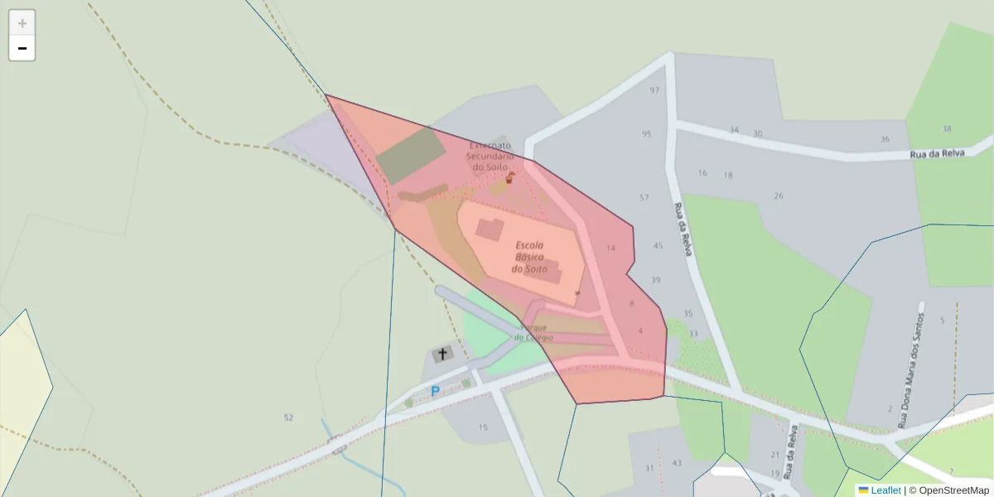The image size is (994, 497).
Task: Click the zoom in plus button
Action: (22, 23)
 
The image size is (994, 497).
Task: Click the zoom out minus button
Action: (22, 48)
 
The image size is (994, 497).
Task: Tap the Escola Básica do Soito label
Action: (529, 257)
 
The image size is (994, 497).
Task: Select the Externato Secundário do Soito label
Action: (490, 156)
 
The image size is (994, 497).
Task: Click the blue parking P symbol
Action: (434, 392)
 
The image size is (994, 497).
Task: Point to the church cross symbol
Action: (442, 355)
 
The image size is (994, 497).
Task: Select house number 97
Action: (655, 90)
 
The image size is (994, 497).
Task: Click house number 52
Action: (288, 417)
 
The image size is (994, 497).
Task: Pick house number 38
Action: (947, 129)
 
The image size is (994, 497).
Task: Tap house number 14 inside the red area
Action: (611, 248)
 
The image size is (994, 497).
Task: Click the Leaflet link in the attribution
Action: (885, 490)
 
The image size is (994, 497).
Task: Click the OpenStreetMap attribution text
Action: (953, 490)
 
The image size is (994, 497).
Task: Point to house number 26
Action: (779, 196)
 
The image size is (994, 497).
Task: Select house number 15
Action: (483, 428)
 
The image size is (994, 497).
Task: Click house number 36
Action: (885, 139)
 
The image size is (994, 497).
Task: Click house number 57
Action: (644, 198)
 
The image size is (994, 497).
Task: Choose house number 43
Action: (677, 463)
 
